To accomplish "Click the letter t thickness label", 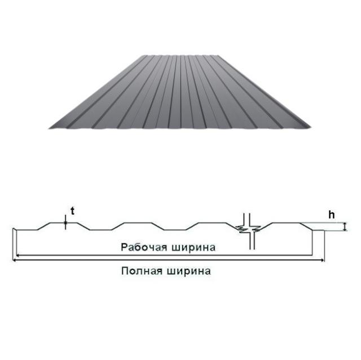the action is point(73,211).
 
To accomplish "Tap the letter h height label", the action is point(332,215).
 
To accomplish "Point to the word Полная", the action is point(142,271).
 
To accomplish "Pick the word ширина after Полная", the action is point(188,271).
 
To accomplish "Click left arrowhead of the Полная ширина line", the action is point(14,260).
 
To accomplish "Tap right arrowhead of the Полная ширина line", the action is point(323,260).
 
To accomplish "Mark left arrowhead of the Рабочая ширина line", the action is point(18,255).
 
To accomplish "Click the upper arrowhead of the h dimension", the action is point(345,224).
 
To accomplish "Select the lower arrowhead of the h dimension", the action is point(345,229).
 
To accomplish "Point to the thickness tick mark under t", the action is point(65,223).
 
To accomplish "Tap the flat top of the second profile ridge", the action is point(138,223).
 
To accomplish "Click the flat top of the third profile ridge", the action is point(212,223).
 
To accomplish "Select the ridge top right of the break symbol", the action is point(287,223).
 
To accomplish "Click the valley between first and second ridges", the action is point(101,230).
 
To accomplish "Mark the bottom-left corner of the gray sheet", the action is point(49,128).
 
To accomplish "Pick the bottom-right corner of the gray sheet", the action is point(311,127).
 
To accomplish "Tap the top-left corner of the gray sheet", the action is point(141,55).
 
